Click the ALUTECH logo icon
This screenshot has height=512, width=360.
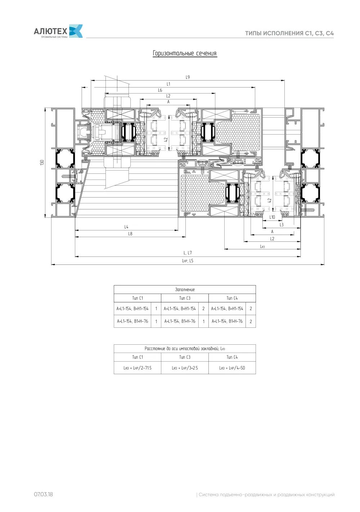pyautogui.click(x=76, y=31)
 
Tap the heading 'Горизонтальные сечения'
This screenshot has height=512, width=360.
pyautogui.click(x=185, y=53)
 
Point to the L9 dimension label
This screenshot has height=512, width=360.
pyautogui.click(x=188, y=77)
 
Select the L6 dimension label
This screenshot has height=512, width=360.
pyautogui.click(x=160, y=90)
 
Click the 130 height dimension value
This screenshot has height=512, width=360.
pyautogui.click(x=42, y=163)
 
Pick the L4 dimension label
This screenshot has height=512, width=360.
pyautogui.click(x=126, y=227)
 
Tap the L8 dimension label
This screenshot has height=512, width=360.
pyautogui.click(x=130, y=234)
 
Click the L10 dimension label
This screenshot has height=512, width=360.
pyautogui.click(x=272, y=217)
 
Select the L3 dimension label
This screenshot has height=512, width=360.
pyautogui.click(x=282, y=225)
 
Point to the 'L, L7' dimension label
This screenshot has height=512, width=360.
pyautogui.click(x=188, y=253)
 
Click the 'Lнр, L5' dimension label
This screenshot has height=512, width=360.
pyautogui.click(x=188, y=260)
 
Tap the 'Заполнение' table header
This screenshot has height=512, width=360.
pyautogui.click(x=185, y=290)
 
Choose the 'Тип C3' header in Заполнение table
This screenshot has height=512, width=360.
pyautogui.click(x=185, y=298)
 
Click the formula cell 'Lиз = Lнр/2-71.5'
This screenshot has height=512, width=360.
pyautogui.click(x=138, y=368)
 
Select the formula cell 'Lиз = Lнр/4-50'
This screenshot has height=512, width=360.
pyautogui.click(x=232, y=368)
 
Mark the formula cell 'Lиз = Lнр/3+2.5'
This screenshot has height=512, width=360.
pyautogui.click(x=185, y=368)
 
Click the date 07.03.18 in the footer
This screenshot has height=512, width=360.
pyautogui.click(x=43, y=494)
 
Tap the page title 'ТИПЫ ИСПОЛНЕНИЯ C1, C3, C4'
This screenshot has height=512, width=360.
pyautogui.click(x=289, y=33)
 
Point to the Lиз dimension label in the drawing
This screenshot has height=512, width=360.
pyautogui.click(x=262, y=246)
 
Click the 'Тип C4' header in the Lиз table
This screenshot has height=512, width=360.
pyautogui.click(x=232, y=357)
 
